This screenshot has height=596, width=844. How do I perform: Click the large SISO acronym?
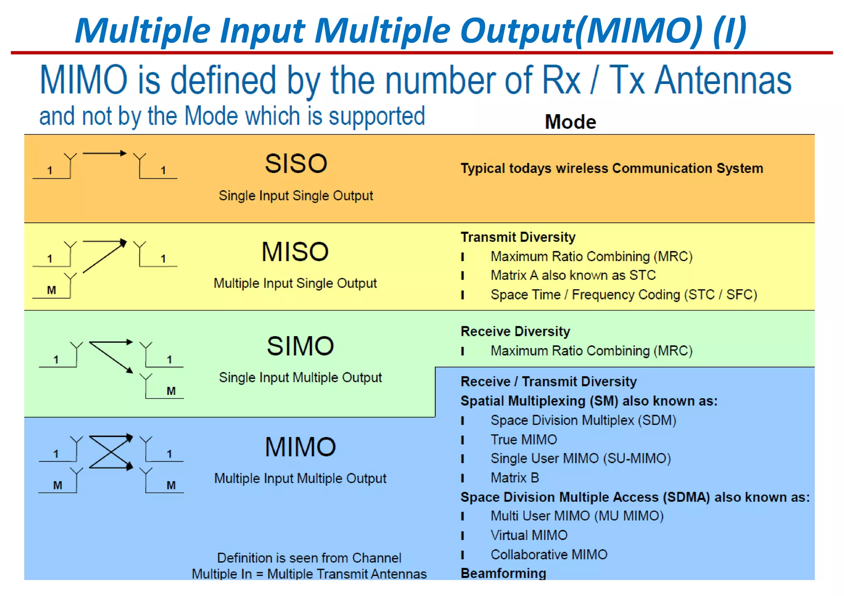[x=296, y=164]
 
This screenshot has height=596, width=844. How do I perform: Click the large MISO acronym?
[x=295, y=252]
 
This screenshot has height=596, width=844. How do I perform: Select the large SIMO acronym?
[x=300, y=346]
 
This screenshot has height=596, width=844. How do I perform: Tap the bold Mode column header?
[x=570, y=122]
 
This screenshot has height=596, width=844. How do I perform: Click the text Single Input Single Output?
[x=295, y=196]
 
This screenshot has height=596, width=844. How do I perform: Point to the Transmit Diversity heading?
[x=518, y=237]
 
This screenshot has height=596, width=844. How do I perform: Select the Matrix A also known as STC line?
[x=573, y=275]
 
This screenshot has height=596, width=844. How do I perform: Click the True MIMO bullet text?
[x=523, y=439]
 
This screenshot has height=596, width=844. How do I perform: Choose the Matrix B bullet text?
[x=514, y=478]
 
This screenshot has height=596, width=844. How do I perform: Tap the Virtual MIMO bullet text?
[x=529, y=535]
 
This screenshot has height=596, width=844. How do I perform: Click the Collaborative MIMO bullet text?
[x=549, y=554]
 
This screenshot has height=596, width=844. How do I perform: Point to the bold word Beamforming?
[x=503, y=573]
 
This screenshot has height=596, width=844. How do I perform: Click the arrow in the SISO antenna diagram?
[x=105, y=154]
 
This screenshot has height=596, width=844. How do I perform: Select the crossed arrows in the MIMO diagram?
[x=110, y=452]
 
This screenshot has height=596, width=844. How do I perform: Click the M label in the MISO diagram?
[x=52, y=290]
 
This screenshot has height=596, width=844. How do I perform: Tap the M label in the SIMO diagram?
[x=171, y=391]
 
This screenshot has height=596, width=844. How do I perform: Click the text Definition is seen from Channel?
[x=309, y=558]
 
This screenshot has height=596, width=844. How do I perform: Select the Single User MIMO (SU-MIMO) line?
[x=580, y=458]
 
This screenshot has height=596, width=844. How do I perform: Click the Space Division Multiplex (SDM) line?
[x=583, y=420]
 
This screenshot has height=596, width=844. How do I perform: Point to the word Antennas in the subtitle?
[x=723, y=80]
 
